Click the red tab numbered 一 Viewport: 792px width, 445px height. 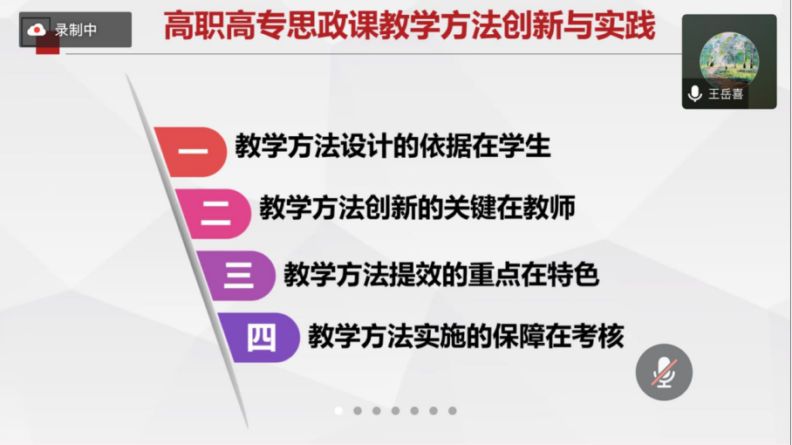click(x=192, y=152)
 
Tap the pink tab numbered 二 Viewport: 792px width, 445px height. click(x=215, y=214)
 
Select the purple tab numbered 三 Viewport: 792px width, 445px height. click(x=237, y=276)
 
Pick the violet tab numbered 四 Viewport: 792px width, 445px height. click(x=261, y=338)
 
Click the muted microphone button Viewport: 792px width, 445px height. click(x=664, y=373)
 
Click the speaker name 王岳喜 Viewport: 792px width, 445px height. click(x=726, y=94)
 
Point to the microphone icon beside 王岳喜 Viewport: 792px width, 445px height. click(x=695, y=94)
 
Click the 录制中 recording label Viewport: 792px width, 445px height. click(x=76, y=31)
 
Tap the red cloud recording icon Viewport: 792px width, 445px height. click(x=36, y=31)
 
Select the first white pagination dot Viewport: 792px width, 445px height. click(x=338, y=411)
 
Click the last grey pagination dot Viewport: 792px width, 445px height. click(x=453, y=411)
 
